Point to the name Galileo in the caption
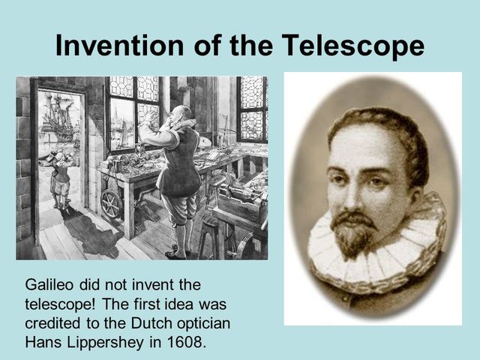point(49,286)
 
